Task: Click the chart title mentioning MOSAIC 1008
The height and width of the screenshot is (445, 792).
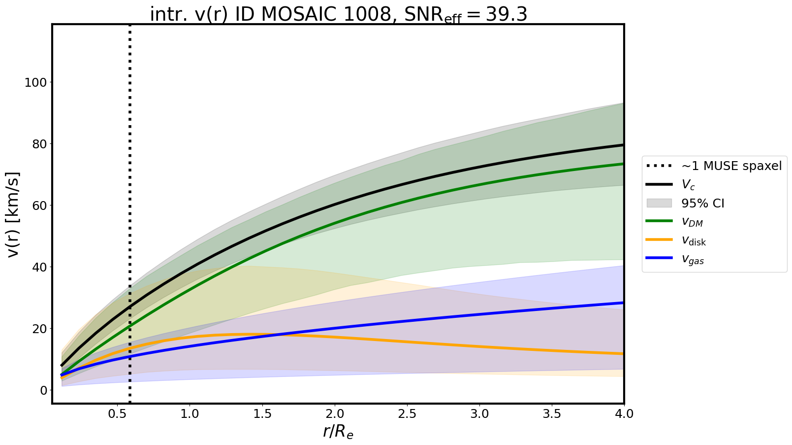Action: click(x=338, y=15)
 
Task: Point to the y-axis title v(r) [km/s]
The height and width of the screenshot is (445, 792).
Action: click(x=14, y=214)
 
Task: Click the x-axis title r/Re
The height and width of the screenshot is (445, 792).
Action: click(x=338, y=432)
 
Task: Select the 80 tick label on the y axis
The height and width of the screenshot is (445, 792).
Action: click(x=39, y=144)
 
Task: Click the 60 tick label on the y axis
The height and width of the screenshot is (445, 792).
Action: click(x=39, y=205)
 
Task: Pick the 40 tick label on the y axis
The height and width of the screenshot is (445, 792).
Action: click(x=39, y=267)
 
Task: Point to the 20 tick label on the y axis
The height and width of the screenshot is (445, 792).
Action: click(x=39, y=329)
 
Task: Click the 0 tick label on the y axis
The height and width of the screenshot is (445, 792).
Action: click(x=43, y=390)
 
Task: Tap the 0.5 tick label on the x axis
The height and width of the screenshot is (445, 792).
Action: click(x=117, y=414)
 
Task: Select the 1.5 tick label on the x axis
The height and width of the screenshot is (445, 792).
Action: click(x=262, y=414)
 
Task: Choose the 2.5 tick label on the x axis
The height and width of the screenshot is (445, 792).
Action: click(x=407, y=414)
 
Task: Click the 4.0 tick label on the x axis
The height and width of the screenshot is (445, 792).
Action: click(x=624, y=414)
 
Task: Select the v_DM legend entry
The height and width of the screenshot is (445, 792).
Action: click(x=692, y=222)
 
